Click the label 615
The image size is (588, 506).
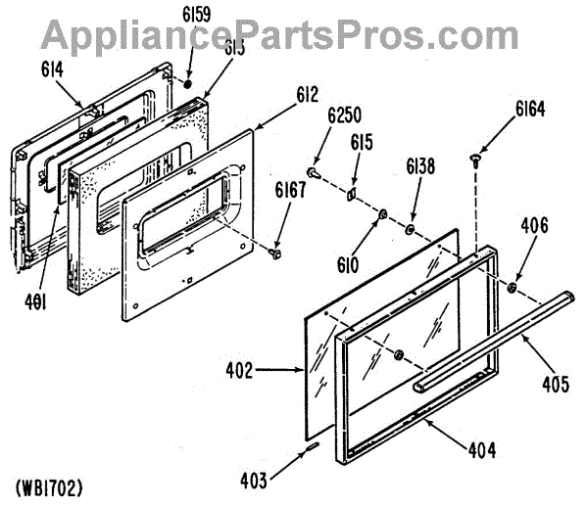[362, 142]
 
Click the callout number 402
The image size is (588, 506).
[268, 371]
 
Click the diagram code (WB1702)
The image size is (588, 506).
[49, 486]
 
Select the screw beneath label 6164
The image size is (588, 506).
[475, 157]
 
